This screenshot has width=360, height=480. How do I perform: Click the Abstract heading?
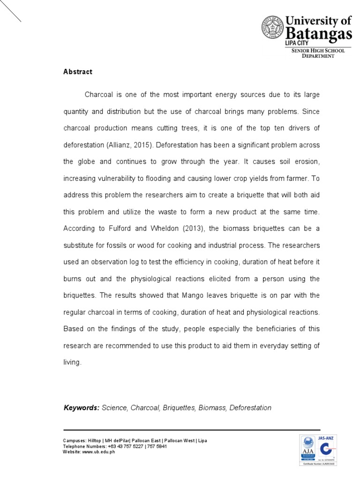tap(78, 72)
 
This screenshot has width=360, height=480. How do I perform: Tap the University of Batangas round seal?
tap(272, 28)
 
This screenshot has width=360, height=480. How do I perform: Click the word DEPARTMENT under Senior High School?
tap(318, 56)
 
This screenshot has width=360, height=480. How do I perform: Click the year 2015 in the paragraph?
tap(142, 145)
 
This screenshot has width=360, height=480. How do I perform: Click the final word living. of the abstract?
tap(72, 362)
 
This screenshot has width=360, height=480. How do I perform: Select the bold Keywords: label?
tap(82, 408)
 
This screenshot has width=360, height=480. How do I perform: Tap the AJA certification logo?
tap(308, 450)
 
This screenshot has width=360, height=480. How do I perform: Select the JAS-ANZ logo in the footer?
tap(329, 449)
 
